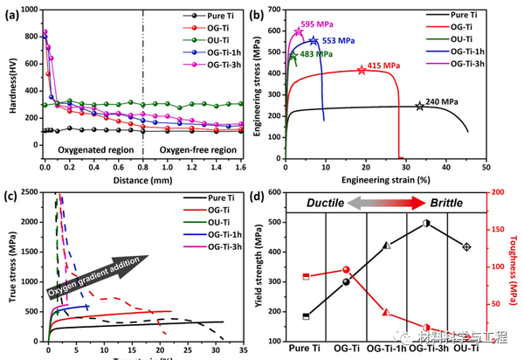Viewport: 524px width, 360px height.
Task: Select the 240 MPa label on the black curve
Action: click(x=443, y=101)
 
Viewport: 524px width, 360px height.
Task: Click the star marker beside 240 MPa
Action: click(x=419, y=106)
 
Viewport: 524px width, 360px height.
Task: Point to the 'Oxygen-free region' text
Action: click(x=195, y=149)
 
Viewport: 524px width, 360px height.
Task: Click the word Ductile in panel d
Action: click(x=329, y=202)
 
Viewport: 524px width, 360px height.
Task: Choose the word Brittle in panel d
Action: click(x=441, y=202)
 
